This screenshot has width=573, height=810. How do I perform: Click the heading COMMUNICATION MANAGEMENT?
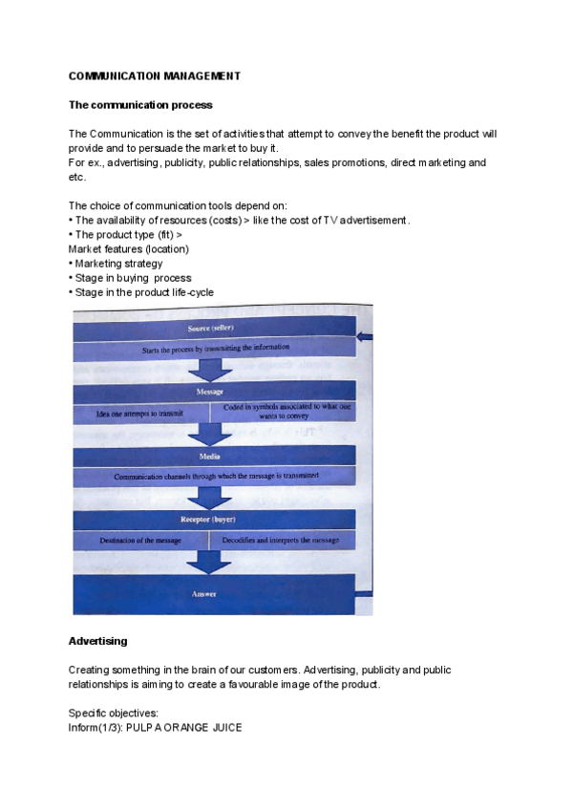pyautogui.click(x=155, y=75)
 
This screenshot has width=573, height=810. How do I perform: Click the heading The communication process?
pyautogui.click(x=140, y=104)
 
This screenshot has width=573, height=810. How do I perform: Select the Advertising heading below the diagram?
pyautogui.click(x=97, y=641)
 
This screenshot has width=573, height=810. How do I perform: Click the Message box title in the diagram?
pyautogui.click(x=210, y=392)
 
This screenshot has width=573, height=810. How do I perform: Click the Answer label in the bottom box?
pyautogui.click(x=204, y=593)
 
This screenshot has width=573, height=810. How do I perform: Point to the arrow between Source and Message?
pyautogui.click(x=209, y=369)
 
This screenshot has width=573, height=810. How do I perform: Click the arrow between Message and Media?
pyautogui.click(x=209, y=433)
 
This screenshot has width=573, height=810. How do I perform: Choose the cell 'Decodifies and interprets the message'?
pyautogui.click(x=281, y=541)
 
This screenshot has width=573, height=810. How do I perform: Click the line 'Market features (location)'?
pyautogui.click(x=129, y=249)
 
